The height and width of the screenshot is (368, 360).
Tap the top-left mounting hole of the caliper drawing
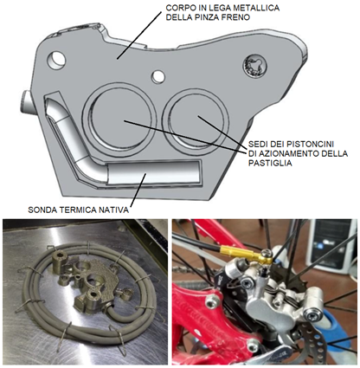(x=56, y=60)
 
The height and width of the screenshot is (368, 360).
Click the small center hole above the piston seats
(x=158, y=77)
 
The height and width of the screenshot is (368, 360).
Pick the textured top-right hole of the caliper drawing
(x=254, y=67)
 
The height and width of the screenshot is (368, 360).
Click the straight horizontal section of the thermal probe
(x=154, y=172)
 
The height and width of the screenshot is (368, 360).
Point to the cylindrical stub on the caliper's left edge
(x=28, y=102)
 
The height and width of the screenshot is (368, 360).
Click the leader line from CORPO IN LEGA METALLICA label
(x=138, y=36)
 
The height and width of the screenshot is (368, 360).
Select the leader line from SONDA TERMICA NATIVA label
(x=138, y=190)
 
